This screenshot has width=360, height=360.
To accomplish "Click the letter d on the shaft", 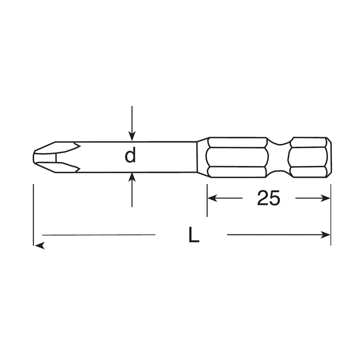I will (130, 156).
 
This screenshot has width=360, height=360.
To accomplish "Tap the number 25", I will (268, 198).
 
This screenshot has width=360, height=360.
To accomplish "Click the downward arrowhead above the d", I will (132, 135).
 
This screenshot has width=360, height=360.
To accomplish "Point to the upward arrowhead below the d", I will (132, 177).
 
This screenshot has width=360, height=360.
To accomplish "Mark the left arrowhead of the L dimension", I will (38, 244).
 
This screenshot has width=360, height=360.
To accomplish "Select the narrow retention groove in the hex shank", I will (280, 156).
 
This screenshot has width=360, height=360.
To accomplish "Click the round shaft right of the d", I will (166, 156).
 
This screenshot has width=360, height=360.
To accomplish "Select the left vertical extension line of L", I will (34, 214).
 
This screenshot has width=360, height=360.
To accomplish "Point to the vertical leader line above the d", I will (132, 118).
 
